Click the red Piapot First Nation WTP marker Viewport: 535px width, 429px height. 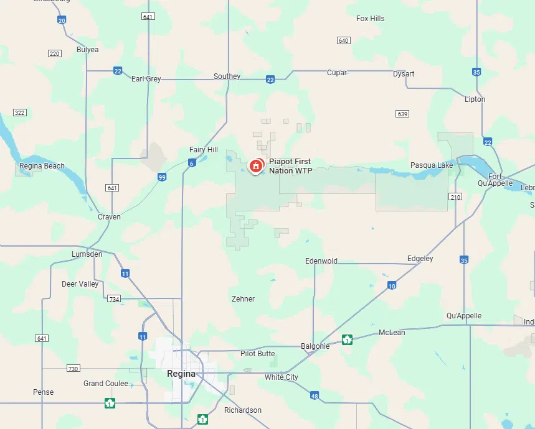255,166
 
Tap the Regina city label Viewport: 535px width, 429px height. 181,374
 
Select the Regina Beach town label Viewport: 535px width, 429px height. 42,166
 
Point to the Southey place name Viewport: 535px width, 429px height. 227,76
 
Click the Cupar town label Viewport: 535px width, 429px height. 337,73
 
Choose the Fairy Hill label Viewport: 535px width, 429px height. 204,150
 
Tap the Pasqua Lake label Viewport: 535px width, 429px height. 432,165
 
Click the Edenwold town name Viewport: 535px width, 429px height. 321,261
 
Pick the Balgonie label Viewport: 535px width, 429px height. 315,346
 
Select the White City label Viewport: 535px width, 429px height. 282,377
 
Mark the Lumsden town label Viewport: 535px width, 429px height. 87,254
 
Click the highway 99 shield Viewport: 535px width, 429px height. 162,177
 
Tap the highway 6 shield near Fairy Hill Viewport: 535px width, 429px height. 191,163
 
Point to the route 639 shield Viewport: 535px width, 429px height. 402,114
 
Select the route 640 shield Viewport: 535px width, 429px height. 343,40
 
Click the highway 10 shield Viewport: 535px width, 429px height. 391,285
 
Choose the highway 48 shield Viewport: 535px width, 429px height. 315,395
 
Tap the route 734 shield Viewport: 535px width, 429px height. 113,299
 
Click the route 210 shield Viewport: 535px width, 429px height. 455,197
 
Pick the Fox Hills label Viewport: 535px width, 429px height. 370,19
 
